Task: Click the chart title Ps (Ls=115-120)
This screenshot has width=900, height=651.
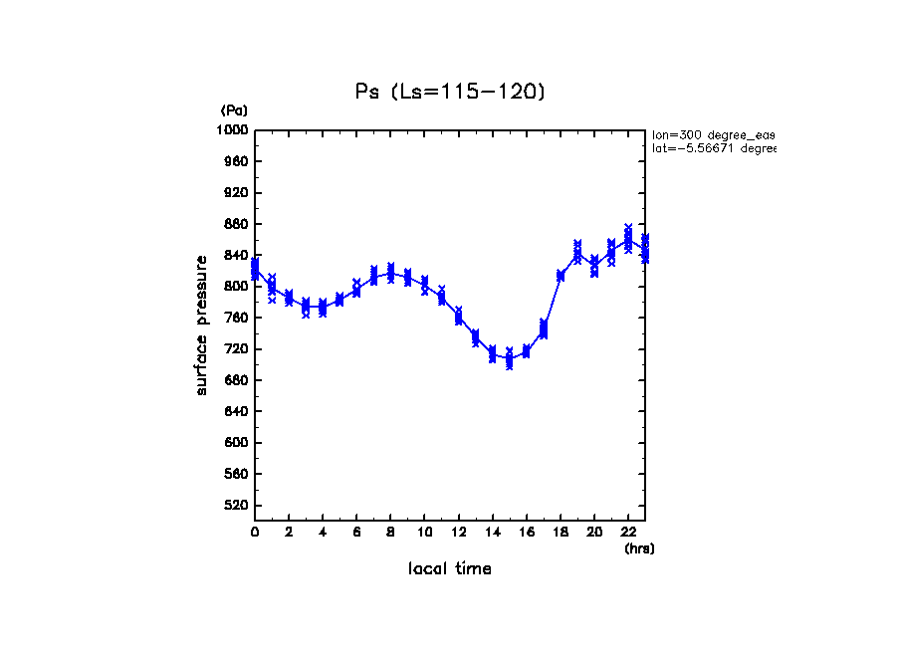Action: pyautogui.click(x=450, y=92)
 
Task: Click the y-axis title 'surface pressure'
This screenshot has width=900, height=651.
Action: pyautogui.click(x=202, y=324)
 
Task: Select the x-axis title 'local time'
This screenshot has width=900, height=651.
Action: pyautogui.click(x=450, y=569)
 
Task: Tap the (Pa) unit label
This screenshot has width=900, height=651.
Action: pyautogui.click(x=234, y=110)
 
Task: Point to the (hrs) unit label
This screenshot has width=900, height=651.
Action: pyautogui.click(x=639, y=548)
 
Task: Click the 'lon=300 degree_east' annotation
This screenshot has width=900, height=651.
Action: pyautogui.click(x=713, y=133)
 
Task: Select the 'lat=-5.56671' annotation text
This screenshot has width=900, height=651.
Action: pyautogui.click(x=713, y=148)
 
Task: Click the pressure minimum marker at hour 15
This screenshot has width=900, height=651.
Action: pyautogui.click(x=510, y=359)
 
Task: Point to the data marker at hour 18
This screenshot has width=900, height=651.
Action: pyautogui.click(x=561, y=276)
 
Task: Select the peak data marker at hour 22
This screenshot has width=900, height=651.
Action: pyautogui.click(x=628, y=240)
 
